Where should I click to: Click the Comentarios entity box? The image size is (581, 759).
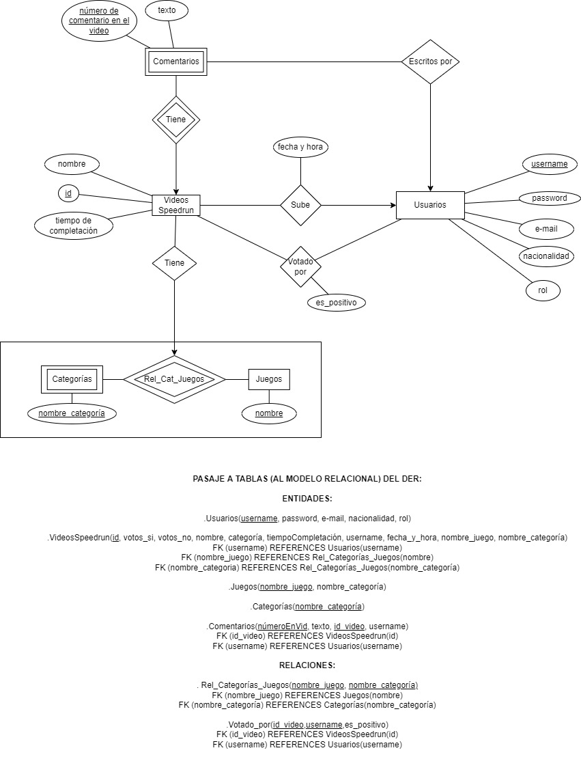pos(176,61)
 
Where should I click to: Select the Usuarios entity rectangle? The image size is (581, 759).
pos(430,205)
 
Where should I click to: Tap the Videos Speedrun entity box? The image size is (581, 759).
pos(176,205)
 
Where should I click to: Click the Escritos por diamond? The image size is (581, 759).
pos(430,61)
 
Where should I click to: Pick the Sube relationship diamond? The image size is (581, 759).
pos(300,205)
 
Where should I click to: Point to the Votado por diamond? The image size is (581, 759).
pos(300,266)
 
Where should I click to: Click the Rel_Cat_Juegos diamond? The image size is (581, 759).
pos(174,379)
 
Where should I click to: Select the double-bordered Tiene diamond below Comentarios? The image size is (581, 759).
pos(175,120)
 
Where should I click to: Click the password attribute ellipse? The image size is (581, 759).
pos(550,198)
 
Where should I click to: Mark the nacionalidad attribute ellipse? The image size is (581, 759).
pos(546,256)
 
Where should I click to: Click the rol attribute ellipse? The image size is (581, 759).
pos(543,290)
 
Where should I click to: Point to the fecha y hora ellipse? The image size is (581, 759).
pos(300,146)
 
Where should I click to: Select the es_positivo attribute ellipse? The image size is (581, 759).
pos(336,302)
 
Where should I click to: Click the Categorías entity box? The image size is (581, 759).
pos(72,378)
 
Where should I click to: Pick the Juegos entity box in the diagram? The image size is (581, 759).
pos(269,379)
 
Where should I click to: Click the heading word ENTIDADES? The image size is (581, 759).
pos(307,499)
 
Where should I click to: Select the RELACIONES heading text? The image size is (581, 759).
pos(307,665)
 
